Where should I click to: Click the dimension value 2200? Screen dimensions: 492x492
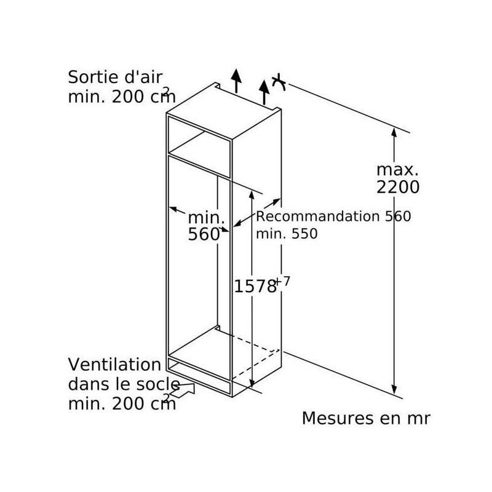tap(398, 187)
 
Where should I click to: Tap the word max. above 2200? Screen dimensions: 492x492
tap(397, 170)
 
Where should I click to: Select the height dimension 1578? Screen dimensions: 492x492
tap(255, 287)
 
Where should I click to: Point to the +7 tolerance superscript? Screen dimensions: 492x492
tap(283, 281)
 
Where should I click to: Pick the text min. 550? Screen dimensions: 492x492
tap(287, 234)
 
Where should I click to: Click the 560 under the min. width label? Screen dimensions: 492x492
tap(204, 234)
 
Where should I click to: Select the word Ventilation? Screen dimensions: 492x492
tap(114, 365)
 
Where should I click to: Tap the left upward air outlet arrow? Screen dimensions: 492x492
tap(236, 81)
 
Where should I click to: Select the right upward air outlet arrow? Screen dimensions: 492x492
tap(264, 92)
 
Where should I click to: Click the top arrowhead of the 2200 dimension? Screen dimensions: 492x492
tap(394, 132)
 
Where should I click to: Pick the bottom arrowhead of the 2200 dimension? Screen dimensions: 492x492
tap(394, 389)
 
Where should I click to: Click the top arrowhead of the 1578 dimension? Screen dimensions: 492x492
tap(252, 194)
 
